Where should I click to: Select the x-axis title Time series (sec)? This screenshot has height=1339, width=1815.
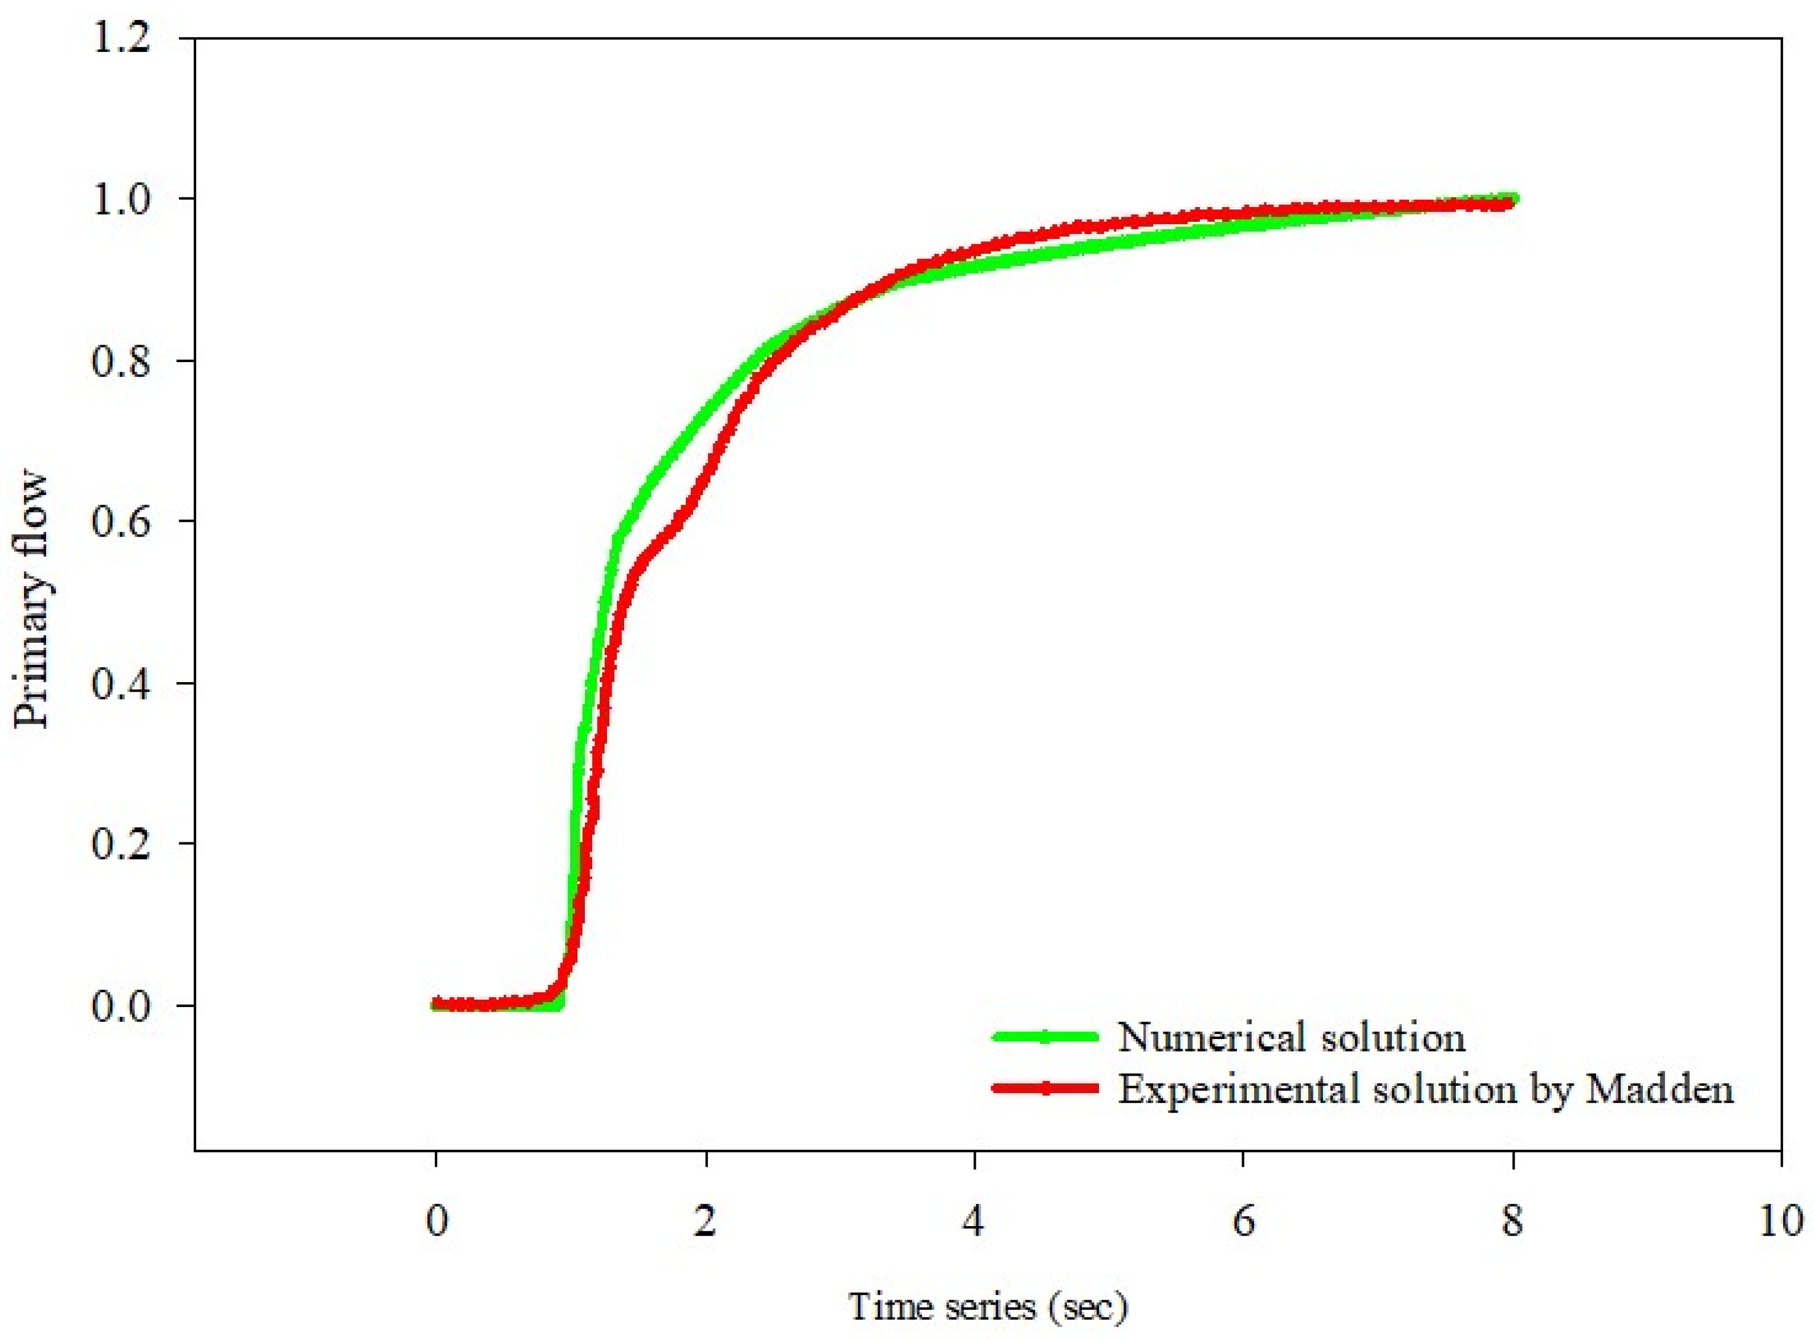click(x=987, y=1306)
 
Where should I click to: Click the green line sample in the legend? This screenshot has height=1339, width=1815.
click(x=1045, y=1037)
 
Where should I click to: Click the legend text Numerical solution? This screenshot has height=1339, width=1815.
click(x=1292, y=1037)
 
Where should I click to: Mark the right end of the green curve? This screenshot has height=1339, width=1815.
click(x=1512, y=198)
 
